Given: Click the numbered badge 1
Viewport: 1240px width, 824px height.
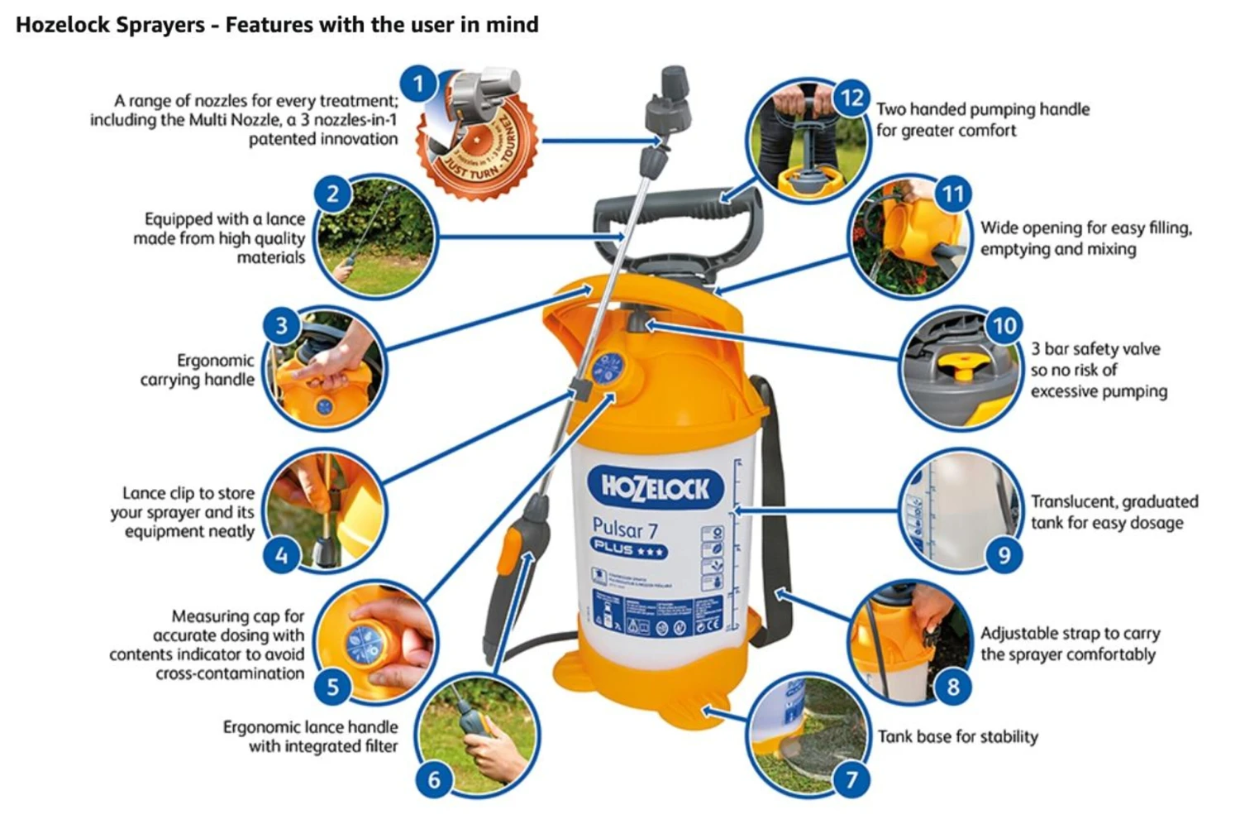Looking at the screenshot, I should tap(418, 84).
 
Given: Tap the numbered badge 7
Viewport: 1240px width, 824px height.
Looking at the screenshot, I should tap(851, 778).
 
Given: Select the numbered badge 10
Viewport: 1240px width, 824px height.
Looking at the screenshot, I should tap(1004, 325).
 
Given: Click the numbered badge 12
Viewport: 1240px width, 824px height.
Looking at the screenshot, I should tap(851, 98).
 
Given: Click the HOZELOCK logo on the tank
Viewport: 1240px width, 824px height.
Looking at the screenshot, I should tap(656, 488).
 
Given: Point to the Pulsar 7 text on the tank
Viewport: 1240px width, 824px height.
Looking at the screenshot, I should tap(625, 528).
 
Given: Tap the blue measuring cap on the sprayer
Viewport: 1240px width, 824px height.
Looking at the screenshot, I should tap(609, 368).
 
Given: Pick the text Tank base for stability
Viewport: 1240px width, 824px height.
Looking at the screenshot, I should tap(957, 736).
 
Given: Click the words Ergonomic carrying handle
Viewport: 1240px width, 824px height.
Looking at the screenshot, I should tap(198, 370).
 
